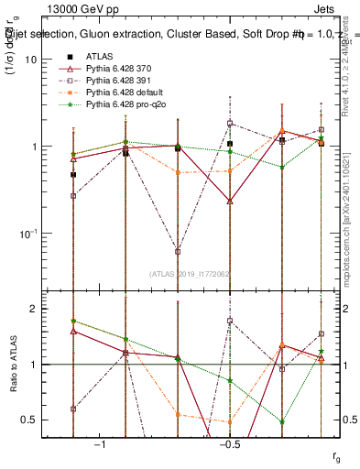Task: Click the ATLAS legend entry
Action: pos(101,56)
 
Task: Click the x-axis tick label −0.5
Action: pos(229,445)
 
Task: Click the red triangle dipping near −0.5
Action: pos(230,200)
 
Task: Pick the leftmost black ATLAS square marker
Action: pos(73,174)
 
